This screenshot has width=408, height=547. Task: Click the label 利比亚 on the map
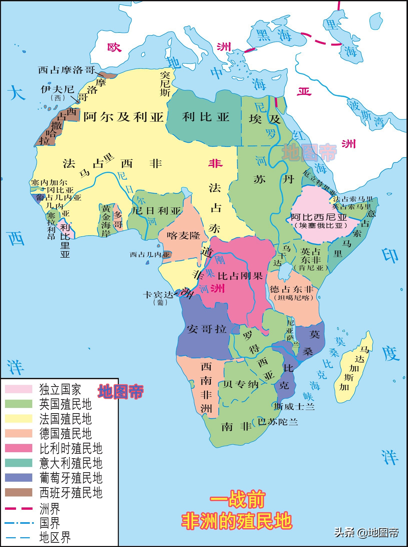pyautogui.click(x=206, y=117)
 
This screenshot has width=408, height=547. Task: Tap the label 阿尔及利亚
pyautogui.click(x=123, y=117)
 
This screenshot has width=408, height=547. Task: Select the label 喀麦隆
pyautogui.click(x=183, y=235)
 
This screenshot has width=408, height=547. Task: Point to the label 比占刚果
pyautogui.click(x=240, y=276)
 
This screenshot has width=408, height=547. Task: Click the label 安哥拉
pyautogui.click(x=207, y=329)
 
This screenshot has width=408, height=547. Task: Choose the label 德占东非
pyautogui.click(x=291, y=289)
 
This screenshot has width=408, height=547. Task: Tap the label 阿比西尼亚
pyautogui.click(x=319, y=217)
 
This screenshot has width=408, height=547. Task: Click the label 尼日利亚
pyautogui.click(x=156, y=211)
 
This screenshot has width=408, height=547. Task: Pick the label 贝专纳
pyautogui.click(x=241, y=384)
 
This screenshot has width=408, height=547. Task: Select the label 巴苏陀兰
pyautogui.click(x=278, y=422)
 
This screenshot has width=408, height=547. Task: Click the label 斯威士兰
pyautogui.click(x=294, y=406)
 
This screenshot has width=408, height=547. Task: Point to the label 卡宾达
pyautogui.click(x=158, y=295)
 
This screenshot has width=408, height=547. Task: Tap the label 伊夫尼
pyautogui.click(x=58, y=89)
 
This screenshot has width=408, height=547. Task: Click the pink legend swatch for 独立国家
pyautogui.click(x=19, y=389)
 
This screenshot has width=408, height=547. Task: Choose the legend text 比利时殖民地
pyautogui.click(x=71, y=448)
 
